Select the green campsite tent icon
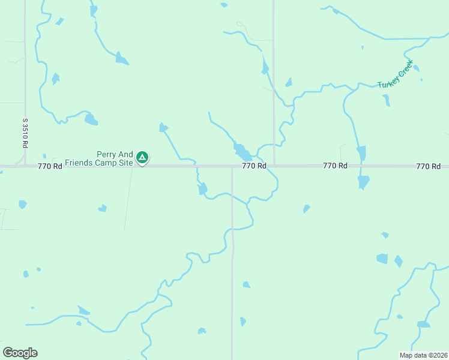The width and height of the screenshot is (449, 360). tap(142, 157)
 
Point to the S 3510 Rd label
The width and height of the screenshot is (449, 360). tap(25, 133)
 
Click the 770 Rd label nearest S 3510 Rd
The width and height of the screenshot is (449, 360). tap(50, 166)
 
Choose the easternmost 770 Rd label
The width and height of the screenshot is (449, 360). tap(428, 166)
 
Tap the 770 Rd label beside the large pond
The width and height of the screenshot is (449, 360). tap(254, 166)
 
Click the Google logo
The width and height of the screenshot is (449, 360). tap(20, 353)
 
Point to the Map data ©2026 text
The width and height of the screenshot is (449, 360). tap(423, 355)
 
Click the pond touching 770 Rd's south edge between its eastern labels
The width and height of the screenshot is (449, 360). tap(363, 181)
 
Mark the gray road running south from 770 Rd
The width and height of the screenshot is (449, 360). tap(232, 264)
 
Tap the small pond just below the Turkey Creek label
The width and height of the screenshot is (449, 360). tap(385, 100)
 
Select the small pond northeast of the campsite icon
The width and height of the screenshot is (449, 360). tap(163, 127)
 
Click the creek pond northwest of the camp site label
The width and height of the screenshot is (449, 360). tap(91, 119)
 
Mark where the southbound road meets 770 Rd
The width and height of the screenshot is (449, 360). tap(232, 167)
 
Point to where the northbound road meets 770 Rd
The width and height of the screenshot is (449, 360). tap(274, 164)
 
